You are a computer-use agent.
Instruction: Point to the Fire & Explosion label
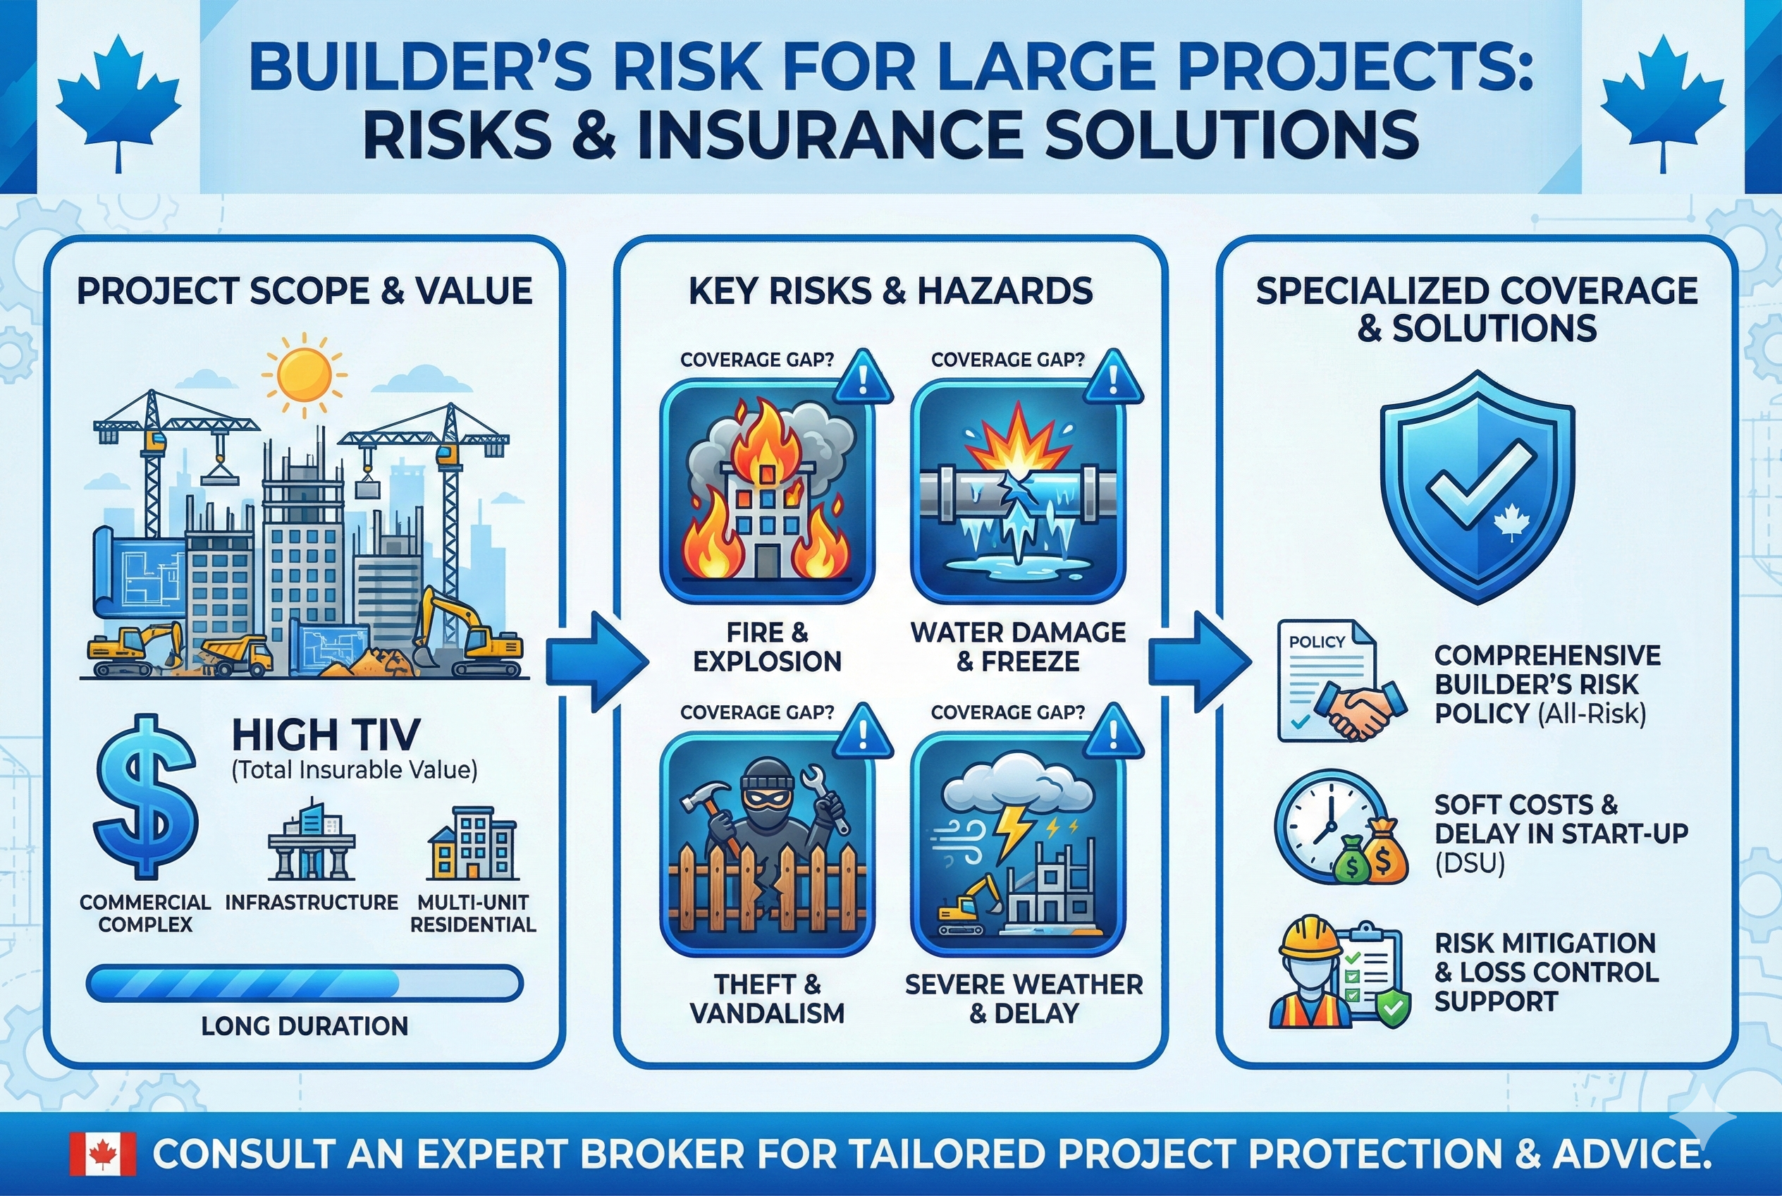coord(767,646)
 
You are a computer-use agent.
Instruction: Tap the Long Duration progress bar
coord(305,982)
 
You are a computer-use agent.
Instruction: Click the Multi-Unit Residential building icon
coord(473,843)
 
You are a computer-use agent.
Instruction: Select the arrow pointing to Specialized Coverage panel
coord(1197,661)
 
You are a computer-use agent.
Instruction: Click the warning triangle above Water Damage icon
coord(1112,378)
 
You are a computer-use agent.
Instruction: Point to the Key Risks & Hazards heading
coord(890,291)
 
